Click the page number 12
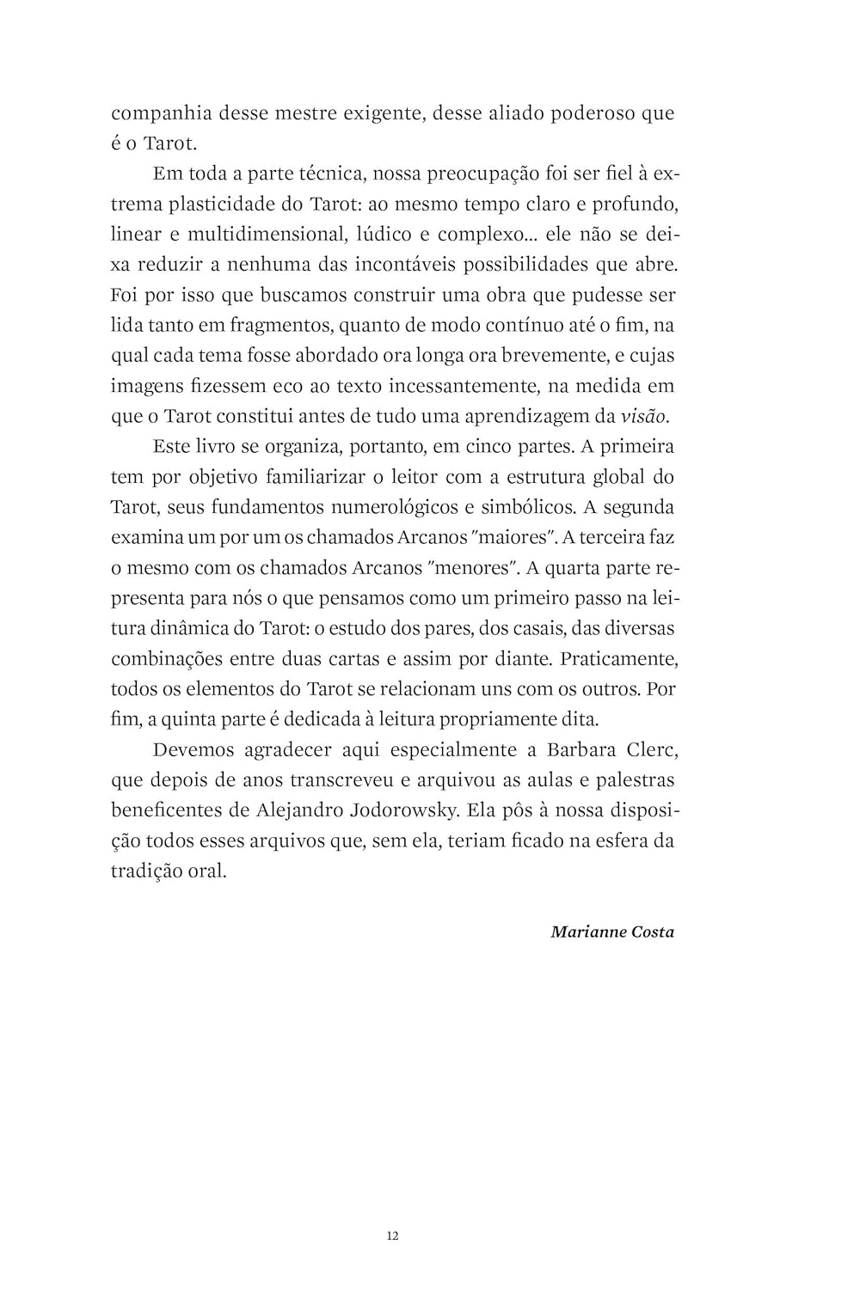pyautogui.click(x=393, y=1237)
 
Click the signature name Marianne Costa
pyautogui.click(x=612, y=932)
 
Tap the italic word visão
pyautogui.click(x=642, y=417)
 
